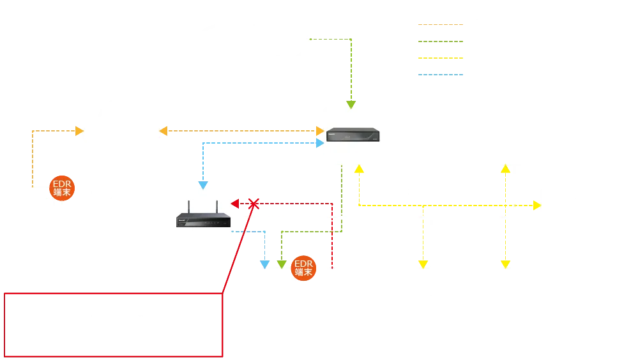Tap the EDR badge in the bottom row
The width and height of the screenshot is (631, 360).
pos(304,269)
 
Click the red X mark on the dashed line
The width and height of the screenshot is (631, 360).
pos(254,204)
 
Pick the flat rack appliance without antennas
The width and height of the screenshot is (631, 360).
pos(353,135)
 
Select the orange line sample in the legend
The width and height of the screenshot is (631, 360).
pos(439,24)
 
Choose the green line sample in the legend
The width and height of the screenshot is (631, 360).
pos(439,43)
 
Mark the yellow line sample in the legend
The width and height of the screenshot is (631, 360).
pos(439,59)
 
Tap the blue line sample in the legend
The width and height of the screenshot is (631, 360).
pos(439,74)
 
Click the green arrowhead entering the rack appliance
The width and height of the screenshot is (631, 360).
pos(350,103)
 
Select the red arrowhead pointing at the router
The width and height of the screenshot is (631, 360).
pos(235,204)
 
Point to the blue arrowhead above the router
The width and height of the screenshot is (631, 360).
pos(203,185)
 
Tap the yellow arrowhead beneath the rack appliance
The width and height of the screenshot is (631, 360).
pos(359,169)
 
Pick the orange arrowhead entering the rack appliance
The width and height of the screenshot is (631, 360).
pos(319,131)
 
